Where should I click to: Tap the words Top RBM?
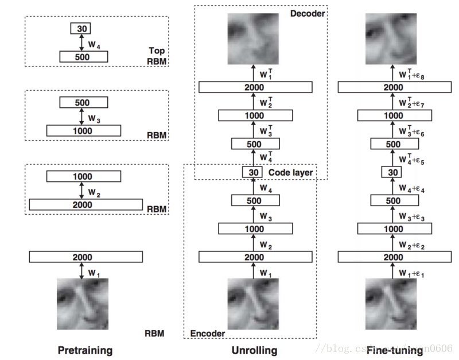[156, 56]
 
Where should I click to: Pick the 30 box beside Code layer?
[251, 172]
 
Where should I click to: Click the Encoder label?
[208, 333]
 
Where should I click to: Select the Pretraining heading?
[85, 350]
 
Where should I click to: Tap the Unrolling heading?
[255, 350]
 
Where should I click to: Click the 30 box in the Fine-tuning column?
[392, 172]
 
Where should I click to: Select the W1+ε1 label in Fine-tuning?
[413, 273]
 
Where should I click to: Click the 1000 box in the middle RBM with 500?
[84, 131]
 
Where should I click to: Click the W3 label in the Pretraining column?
[94, 118]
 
